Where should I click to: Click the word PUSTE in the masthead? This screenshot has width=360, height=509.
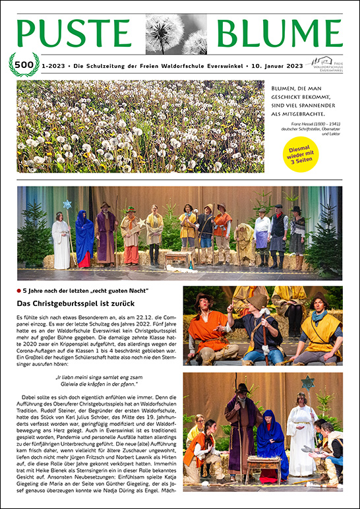click(x=73, y=32)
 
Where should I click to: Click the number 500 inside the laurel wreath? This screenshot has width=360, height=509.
click(x=24, y=65)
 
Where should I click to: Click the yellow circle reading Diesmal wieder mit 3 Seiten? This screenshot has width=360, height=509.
click(x=301, y=154)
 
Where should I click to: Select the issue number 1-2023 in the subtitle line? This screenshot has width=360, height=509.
click(x=51, y=65)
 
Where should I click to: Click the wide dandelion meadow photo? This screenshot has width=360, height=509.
click(x=140, y=127)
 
